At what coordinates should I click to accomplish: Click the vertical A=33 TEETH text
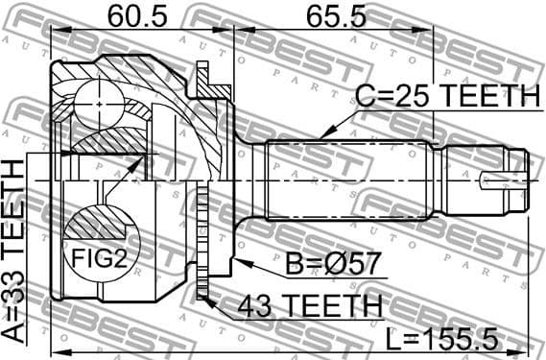pyautogui.click(x=16, y=251)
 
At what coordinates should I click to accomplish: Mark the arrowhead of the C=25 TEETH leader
pyautogui.click(x=323, y=134)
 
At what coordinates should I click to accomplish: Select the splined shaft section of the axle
pyautogui.click(x=345, y=179)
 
